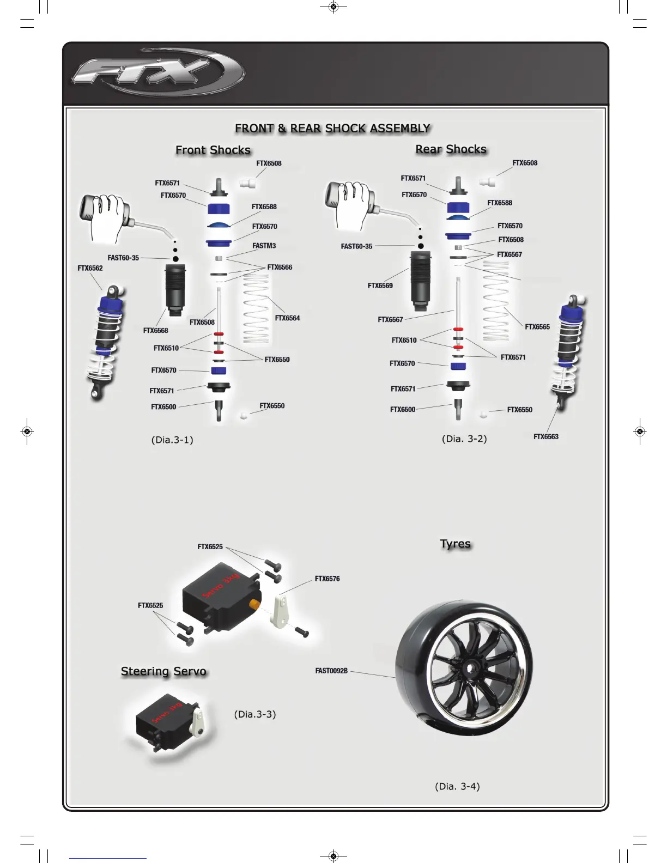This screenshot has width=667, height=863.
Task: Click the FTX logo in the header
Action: coord(158,72)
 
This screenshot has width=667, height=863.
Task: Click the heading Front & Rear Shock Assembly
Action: coord(332,129)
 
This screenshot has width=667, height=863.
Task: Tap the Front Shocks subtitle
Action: coord(213,150)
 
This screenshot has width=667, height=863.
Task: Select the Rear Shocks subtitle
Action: coord(451,149)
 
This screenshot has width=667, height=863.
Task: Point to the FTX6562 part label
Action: coord(90,268)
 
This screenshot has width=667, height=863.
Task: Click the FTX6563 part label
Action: coord(545,436)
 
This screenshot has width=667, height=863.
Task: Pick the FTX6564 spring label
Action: coord(287,318)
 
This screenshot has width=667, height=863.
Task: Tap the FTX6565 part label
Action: coord(537,327)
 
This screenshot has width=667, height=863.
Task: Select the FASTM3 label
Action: coord(264,246)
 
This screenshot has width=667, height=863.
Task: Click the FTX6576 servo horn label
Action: coord(327,579)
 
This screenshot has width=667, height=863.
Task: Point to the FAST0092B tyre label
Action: coord(331,671)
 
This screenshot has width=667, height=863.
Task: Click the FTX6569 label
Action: coord(380,285)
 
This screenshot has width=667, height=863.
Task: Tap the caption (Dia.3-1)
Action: coord(172,440)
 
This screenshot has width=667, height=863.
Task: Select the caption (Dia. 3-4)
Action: coord(457,786)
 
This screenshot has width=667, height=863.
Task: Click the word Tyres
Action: coord(455,544)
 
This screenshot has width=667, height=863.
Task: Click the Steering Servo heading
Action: coord(163,671)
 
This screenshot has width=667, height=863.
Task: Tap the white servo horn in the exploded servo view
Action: coord(281,611)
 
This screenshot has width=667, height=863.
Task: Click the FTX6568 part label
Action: coord(155,331)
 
